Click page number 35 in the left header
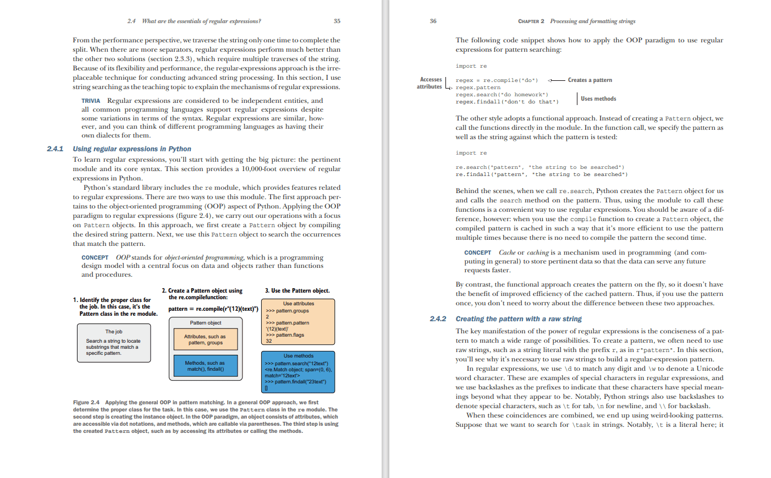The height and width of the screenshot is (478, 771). coord(337,21)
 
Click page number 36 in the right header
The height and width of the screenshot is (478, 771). coord(433,21)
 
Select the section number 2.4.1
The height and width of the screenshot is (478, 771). coord(55,149)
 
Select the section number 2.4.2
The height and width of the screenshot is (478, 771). coord(438,318)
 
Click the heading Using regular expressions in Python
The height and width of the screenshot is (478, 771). coord(132,149)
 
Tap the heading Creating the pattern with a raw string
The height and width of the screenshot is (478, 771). coord(518,318)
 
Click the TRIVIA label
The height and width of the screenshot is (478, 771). coord(91,101)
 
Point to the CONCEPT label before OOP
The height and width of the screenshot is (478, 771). coord(95,257)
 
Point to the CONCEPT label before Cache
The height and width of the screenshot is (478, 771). coord(477,252)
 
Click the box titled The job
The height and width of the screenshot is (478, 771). coord(114,342)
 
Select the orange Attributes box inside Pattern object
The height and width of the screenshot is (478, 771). coord(205,339)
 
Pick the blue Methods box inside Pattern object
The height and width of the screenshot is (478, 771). coord(205,366)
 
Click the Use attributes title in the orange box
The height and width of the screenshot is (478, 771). coord(299,304)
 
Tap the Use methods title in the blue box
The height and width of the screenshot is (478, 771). coord(299,356)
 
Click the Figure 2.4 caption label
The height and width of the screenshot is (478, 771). coord(86,403)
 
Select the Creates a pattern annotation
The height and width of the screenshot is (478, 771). coord(590,80)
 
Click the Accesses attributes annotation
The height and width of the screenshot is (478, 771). coord(429,83)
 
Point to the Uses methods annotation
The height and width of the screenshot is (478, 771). coord(598,99)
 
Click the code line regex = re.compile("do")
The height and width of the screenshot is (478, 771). coord(497,80)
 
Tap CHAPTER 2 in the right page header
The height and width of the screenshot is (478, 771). coord(531,21)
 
